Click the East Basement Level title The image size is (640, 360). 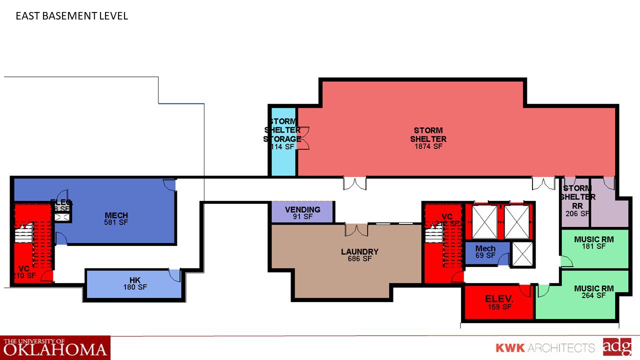click(x=71, y=16)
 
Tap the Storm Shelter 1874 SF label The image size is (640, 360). click(x=428, y=138)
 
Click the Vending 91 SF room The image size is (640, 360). click(x=302, y=212)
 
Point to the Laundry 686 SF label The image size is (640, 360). click(x=359, y=255)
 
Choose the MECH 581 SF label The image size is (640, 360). click(x=116, y=219)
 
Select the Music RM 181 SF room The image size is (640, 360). click(x=594, y=243)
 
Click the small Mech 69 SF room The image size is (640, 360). click(x=485, y=251)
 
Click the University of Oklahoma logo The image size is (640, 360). click(x=55, y=347)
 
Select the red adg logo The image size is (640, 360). click(x=617, y=347)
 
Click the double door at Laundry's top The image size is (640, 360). click(x=357, y=230)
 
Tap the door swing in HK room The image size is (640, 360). click(x=174, y=275)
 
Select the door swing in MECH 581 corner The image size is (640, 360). click(x=169, y=185)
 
